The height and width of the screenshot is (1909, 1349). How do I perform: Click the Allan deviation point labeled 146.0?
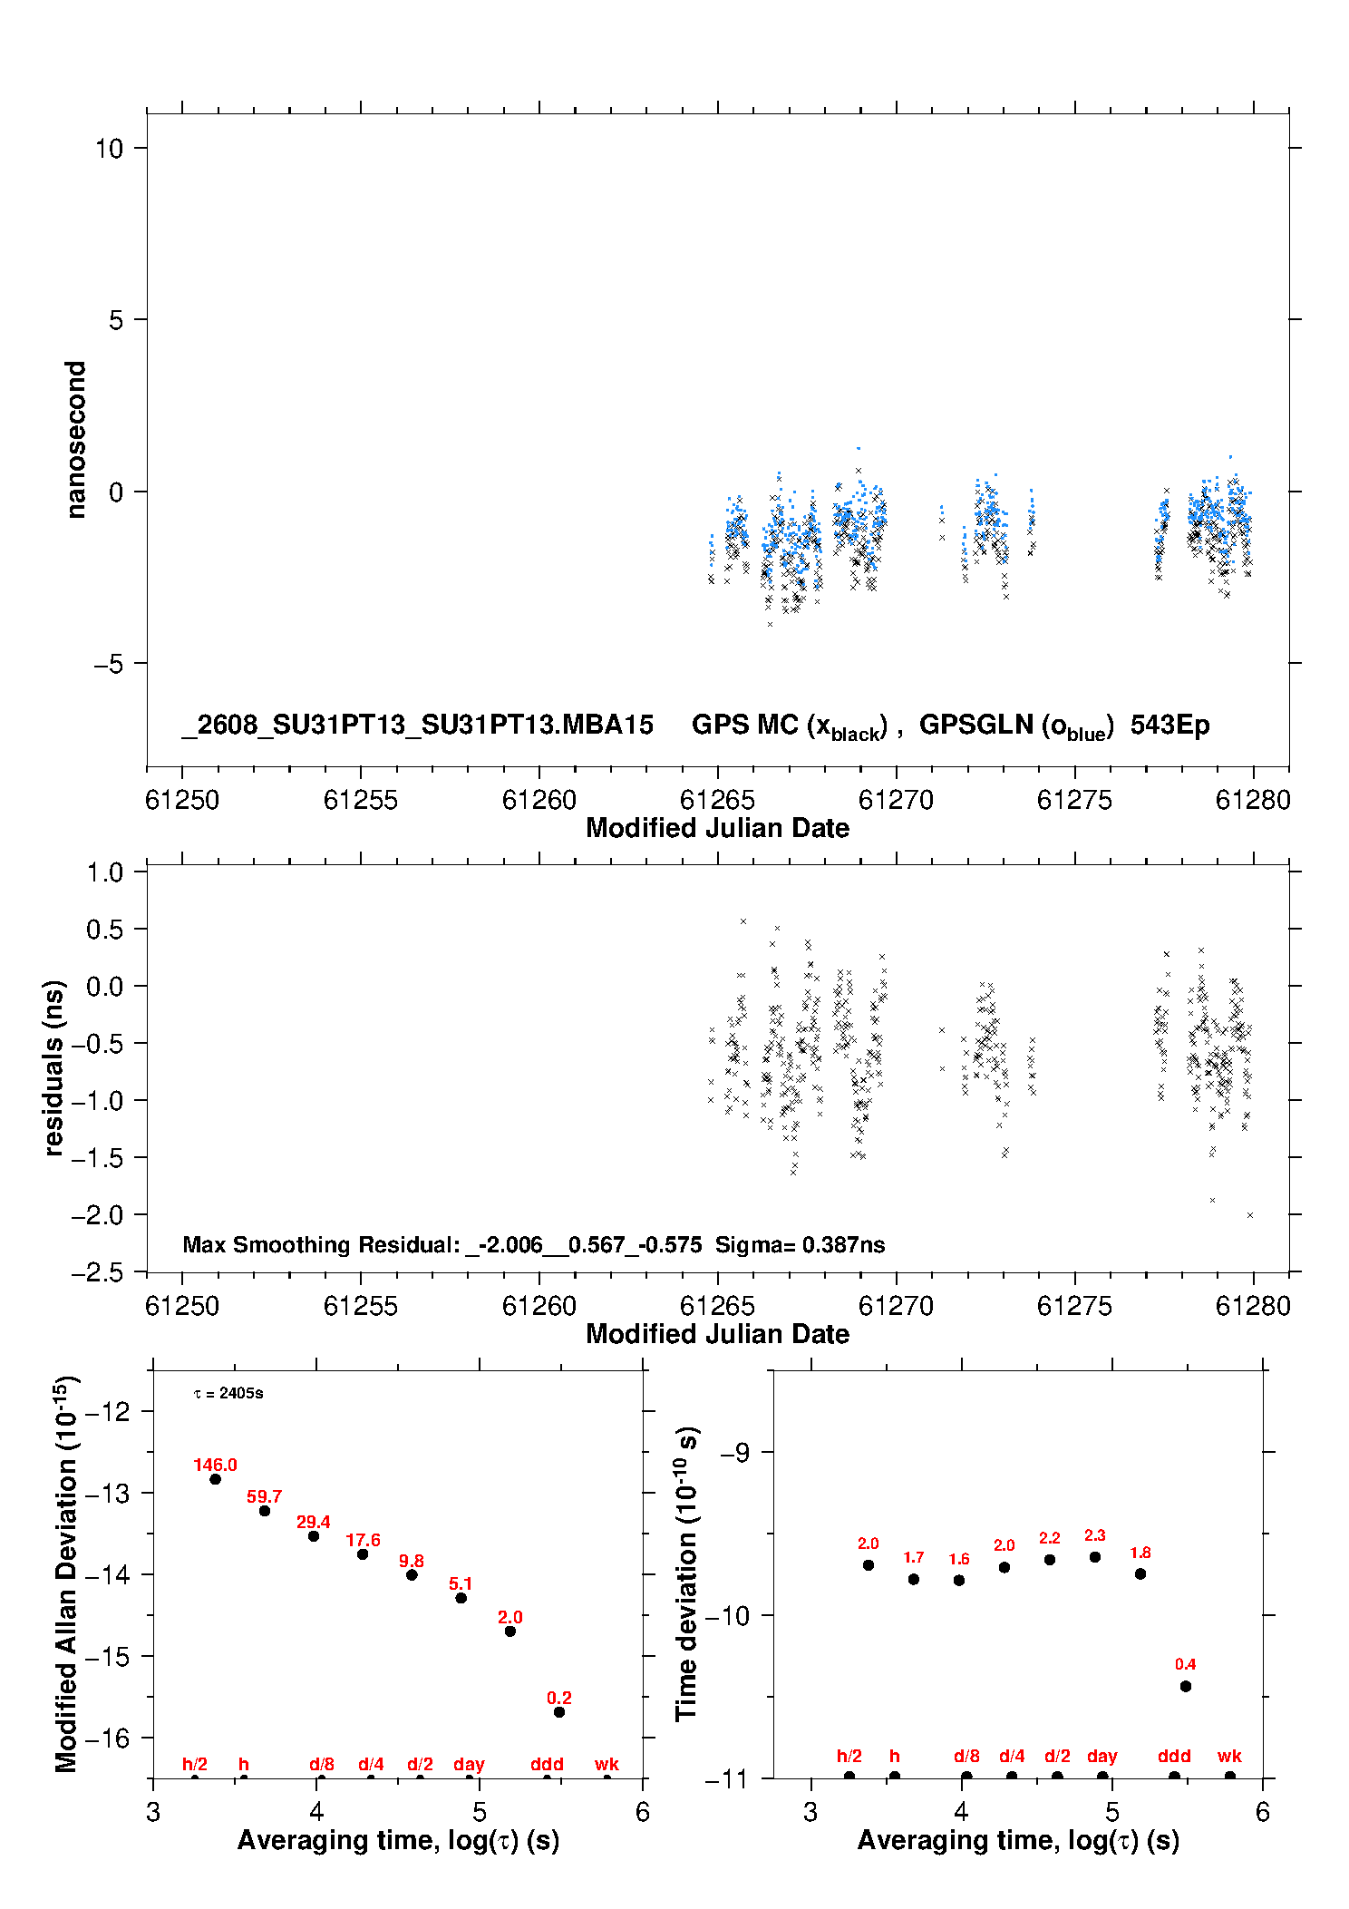[215, 1479]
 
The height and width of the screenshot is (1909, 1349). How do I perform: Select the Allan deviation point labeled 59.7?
[265, 1511]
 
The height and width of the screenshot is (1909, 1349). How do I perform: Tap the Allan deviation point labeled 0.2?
[559, 1712]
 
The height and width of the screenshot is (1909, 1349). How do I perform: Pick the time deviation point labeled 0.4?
[1186, 1686]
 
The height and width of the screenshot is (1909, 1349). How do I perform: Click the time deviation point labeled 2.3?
[1095, 1557]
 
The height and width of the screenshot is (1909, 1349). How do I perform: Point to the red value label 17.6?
[363, 1540]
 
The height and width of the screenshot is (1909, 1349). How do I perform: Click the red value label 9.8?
[412, 1561]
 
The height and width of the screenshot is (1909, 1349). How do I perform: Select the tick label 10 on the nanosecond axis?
[109, 148]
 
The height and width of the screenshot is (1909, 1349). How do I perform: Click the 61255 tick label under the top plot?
[361, 800]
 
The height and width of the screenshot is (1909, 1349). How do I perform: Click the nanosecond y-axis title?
[75, 439]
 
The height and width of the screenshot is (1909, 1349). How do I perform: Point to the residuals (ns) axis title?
[53, 1067]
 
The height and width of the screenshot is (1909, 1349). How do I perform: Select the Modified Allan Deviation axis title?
[66, 1573]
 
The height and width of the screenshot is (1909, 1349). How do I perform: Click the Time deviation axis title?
[686, 1573]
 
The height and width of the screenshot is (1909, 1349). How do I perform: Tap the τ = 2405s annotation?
[228, 1393]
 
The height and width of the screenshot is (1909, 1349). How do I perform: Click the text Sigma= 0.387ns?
[800, 1244]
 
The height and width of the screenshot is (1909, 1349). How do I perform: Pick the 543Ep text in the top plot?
[1169, 725]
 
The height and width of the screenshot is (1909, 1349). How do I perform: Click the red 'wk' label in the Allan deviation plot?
[607, 1764]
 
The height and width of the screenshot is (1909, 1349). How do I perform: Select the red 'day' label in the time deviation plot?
[1102, 1756]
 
